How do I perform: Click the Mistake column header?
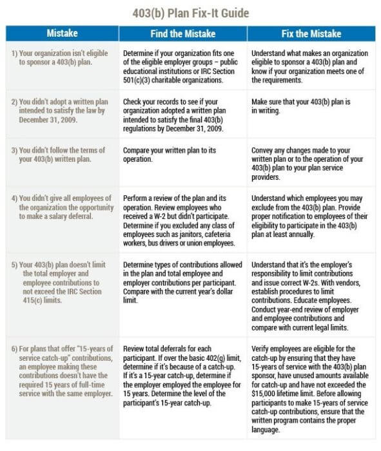pos(63,34)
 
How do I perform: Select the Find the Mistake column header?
pos(184,34)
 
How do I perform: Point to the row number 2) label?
pos(14,102)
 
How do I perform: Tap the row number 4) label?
pos(14,197)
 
